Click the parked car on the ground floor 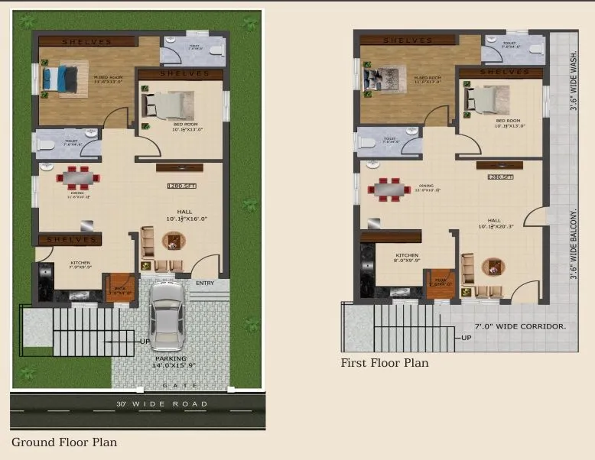point(166,316)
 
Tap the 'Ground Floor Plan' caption point(63,442)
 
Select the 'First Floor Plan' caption point(385,363)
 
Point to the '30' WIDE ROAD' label point(161,403)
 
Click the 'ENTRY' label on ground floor point(205,283)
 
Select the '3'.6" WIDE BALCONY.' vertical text point(573,244)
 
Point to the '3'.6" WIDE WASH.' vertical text point(573,80)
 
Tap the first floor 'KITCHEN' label point(407,255)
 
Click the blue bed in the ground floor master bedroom point(59,77)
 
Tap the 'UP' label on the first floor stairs point(466,338)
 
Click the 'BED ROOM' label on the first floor point(508,121)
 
